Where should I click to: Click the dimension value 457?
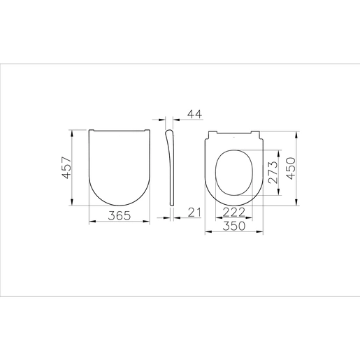(x=67, y=168)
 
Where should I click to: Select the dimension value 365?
(x=120, y=216)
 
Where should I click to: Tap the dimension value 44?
(x=195, y=114)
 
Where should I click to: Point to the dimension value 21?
(x=194, y=213)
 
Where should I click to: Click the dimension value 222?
(x=234, y=212)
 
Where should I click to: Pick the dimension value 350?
(x=234, y=226)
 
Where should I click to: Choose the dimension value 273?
(x=273, y=172)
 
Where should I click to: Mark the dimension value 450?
(x=291, y=168)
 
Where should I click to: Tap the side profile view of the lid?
(x=171, y=168)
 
